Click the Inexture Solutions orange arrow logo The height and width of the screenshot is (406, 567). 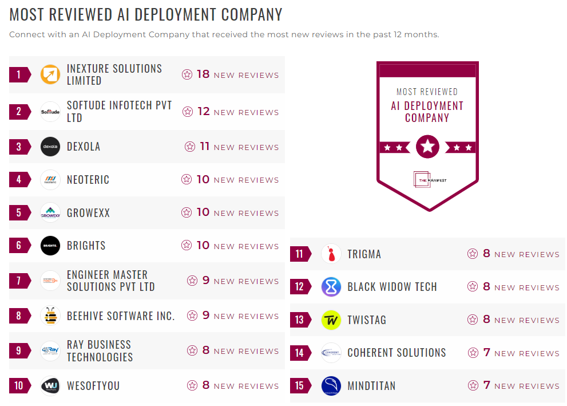(50, 74)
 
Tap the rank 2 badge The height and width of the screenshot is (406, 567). (19, 112)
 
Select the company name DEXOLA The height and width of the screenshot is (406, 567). (84, 147)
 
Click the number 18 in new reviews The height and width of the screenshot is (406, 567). (203, 74)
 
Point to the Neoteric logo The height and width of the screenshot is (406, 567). (50, 180)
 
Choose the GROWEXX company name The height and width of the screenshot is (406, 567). (88, 213)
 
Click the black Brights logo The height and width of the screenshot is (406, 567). (50, 246)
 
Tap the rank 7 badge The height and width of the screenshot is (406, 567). (19, 281)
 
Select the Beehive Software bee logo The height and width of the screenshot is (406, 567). (50, 316)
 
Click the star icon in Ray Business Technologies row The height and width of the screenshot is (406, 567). (192, 351)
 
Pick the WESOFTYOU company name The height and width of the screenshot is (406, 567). (93, 386)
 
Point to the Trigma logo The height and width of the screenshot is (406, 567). (331, 254)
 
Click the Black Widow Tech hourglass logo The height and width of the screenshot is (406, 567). (331, 286)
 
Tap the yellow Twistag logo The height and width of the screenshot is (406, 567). (331, 320)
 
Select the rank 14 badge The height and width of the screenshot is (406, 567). (299, 353)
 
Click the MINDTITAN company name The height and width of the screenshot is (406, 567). (371, 386)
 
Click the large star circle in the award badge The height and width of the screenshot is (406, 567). (427, 147)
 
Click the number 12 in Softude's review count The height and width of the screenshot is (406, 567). (204, 112)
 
